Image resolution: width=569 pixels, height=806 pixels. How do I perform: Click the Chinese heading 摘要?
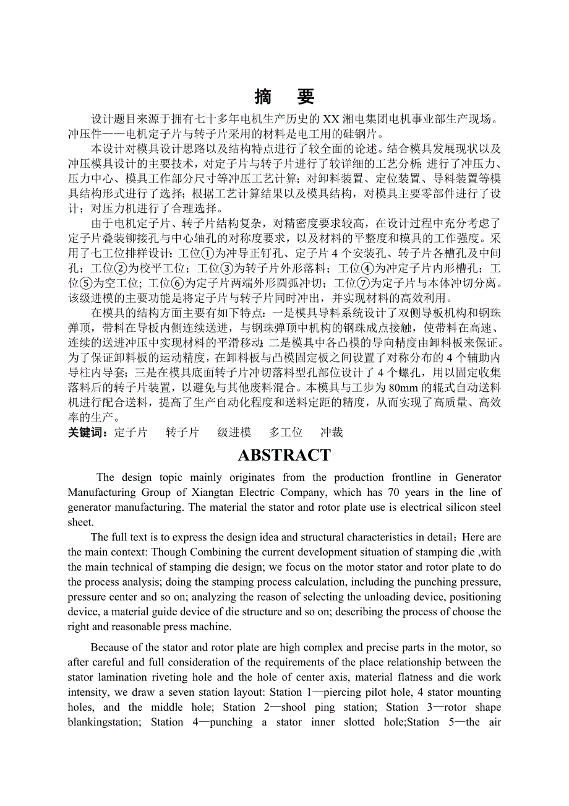point(284,97)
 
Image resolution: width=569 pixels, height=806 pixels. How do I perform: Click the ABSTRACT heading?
point(284,455)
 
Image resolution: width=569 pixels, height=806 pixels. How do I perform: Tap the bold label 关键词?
point(88,433)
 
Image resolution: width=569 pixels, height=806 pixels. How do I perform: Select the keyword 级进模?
point(234,433)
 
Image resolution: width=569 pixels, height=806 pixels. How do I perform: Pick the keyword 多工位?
point(286,433)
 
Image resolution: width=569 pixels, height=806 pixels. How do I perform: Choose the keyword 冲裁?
point(332,433)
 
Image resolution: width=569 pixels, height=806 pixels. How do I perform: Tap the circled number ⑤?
point(88,283)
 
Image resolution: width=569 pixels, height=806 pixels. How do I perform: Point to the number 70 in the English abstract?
point(395,492)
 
